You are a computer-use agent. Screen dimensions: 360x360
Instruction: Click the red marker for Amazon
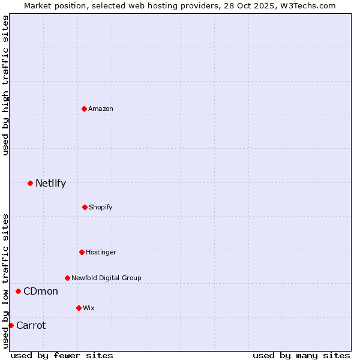click(x=84, y=109)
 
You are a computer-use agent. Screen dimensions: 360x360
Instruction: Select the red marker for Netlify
click(x=30, y=183)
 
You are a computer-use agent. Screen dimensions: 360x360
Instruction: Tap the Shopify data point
click(x=85, y=207)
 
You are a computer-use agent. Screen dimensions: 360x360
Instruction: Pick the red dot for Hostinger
click(x=82, y=252)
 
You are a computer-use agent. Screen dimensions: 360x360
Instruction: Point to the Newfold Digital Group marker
click(x=67, y=278)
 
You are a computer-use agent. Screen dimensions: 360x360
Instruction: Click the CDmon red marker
click(x=18, y=291)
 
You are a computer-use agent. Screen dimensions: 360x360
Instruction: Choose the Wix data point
click(x=79, y=308)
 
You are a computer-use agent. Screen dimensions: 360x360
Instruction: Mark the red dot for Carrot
click(x=11, y=325)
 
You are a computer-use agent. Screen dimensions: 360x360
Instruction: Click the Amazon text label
click(x=101, y=109)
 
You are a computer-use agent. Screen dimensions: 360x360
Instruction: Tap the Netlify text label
click(x=50, y=183)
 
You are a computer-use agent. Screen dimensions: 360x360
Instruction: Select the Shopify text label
click(x=101, y=207)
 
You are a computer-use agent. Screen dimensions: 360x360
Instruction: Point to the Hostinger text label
click(x=101, y=252)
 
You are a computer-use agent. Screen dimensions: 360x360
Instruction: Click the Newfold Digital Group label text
click(x=106, y=278)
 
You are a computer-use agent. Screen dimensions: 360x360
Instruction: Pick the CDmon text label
click(x=41, y=291)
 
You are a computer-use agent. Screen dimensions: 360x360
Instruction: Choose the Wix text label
click(x=89, y=308)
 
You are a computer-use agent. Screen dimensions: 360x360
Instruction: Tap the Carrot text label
click(x=31, y=325)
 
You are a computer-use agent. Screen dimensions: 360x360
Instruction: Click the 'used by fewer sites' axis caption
click(x=62, y=355)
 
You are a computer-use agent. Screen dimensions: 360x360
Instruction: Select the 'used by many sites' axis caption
click(x=301, y=355)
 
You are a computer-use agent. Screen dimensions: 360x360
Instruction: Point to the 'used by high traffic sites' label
click(x=5, y=85)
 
